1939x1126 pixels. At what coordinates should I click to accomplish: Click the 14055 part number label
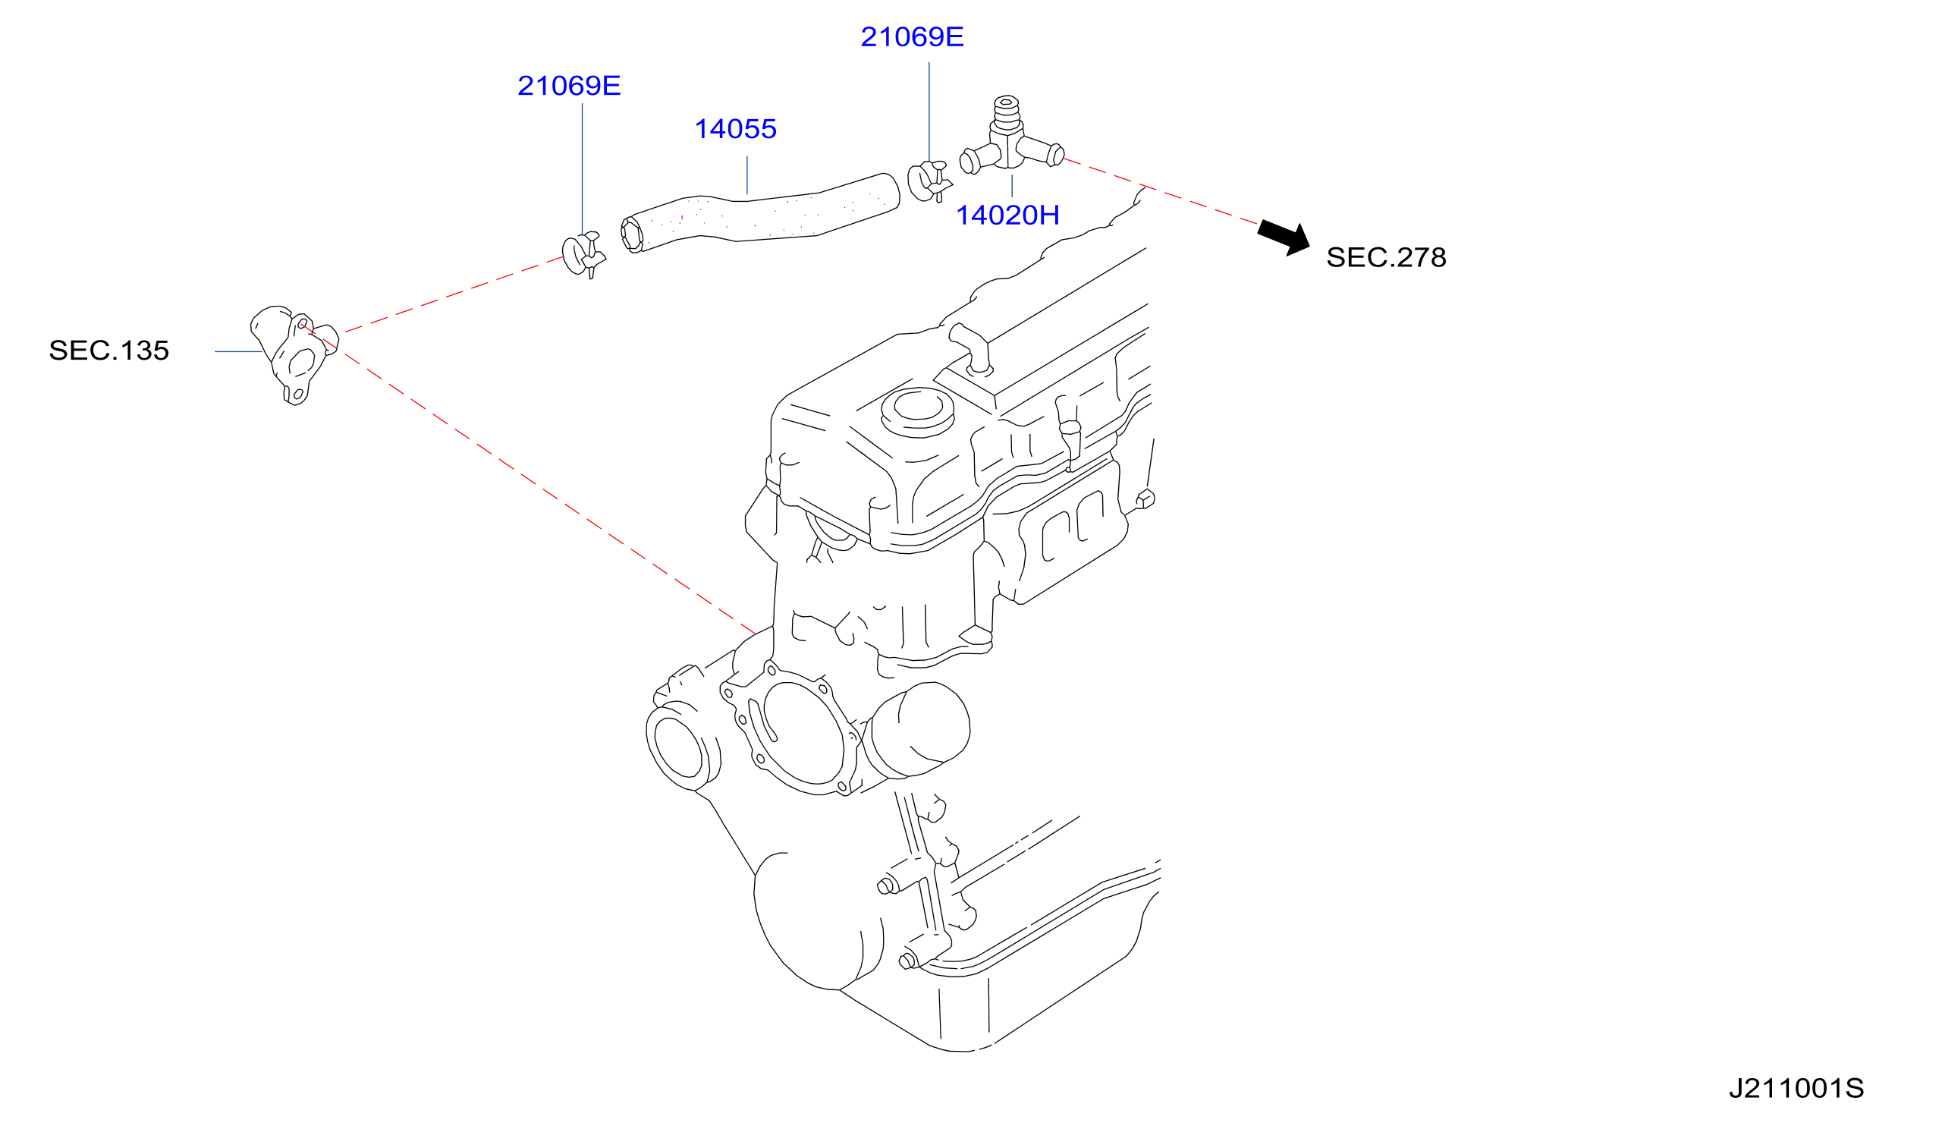pos(735,129)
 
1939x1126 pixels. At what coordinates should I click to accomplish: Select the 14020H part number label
pos(1007,215)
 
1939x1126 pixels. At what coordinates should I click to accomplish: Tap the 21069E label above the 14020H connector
pos(912,37)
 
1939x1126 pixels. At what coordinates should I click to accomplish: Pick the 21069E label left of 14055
pos(569,86)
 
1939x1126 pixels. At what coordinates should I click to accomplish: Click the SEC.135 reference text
pos(108,351)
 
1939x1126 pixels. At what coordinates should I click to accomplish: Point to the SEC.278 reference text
pos(1386,258)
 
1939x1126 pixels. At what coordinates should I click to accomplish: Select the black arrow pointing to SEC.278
pos(1284,237)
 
